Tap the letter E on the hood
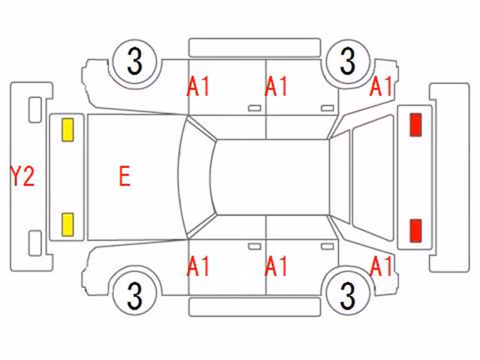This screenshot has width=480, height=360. pyautogui.click(x=124, y=176)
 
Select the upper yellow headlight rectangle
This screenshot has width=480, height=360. pyautogui.click(x=67, y=130)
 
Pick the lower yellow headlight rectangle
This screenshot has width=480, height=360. pyautogui.click(x=67, y=225)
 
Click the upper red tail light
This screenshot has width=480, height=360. pyautogui.click(x=415, y=124)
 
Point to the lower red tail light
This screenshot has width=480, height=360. pyautogui.click(x=415, y=230)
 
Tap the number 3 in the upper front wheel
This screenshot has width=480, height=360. pyautogui.click(x=135, y=62)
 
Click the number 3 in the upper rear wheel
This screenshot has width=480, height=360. pyautogui.click(x=347, y=61)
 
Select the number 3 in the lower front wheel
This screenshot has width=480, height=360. pyautogui.click(x=135, y=295)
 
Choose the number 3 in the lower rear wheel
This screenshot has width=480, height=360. pyautogui.click(x=347, y=295)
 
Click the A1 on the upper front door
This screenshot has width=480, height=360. pyautogui.click(x=198, y=86)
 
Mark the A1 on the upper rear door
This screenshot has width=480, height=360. pyautogui.click(x=276, y=86)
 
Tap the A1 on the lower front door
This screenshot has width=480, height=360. pyautogui.click(x=198, y=266)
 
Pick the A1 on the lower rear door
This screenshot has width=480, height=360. pyautogui.click(x=276, y=266)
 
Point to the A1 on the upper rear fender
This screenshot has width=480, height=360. pyautogui.click(x=381, y=86)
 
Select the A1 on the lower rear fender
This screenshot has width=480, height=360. pyautogui.click(x=381, y=266)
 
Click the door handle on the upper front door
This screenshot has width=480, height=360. pyautogui.click(x=254, y=108)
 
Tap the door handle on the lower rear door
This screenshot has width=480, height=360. pyautogui.click(x=327, y=247)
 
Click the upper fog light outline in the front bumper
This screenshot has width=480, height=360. pyautogui.click(x=35, y=109)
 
